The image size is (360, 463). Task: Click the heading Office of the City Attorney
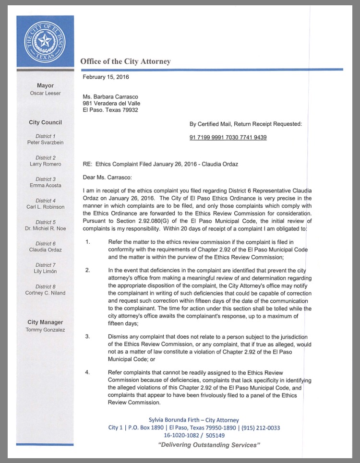point(125,61)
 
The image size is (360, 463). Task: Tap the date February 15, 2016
point(106,77)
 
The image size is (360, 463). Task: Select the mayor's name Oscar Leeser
point(45,93)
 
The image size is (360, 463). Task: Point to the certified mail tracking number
point(228,138)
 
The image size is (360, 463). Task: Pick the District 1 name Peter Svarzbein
point(45,143)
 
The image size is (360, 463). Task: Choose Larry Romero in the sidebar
point(45,164)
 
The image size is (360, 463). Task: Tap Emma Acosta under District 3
point(45,186)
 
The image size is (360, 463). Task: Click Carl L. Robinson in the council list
point(45,207)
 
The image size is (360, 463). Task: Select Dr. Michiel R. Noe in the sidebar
point(45,228)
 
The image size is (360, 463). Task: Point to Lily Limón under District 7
point(45,272)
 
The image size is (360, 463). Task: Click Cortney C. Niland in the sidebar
point(45,293)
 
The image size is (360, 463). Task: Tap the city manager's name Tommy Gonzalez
point(45,330)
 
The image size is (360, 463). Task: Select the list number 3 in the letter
point(87,336)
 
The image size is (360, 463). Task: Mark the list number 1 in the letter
point(87,241)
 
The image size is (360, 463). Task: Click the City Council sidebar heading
point(45,122)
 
